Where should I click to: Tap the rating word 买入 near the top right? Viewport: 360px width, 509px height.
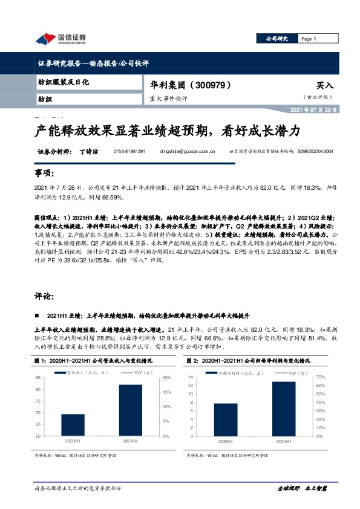pos(325,86)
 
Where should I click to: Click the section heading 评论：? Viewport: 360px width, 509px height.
pos(44,297)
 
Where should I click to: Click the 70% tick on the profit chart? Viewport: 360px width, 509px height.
pos(321,377)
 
